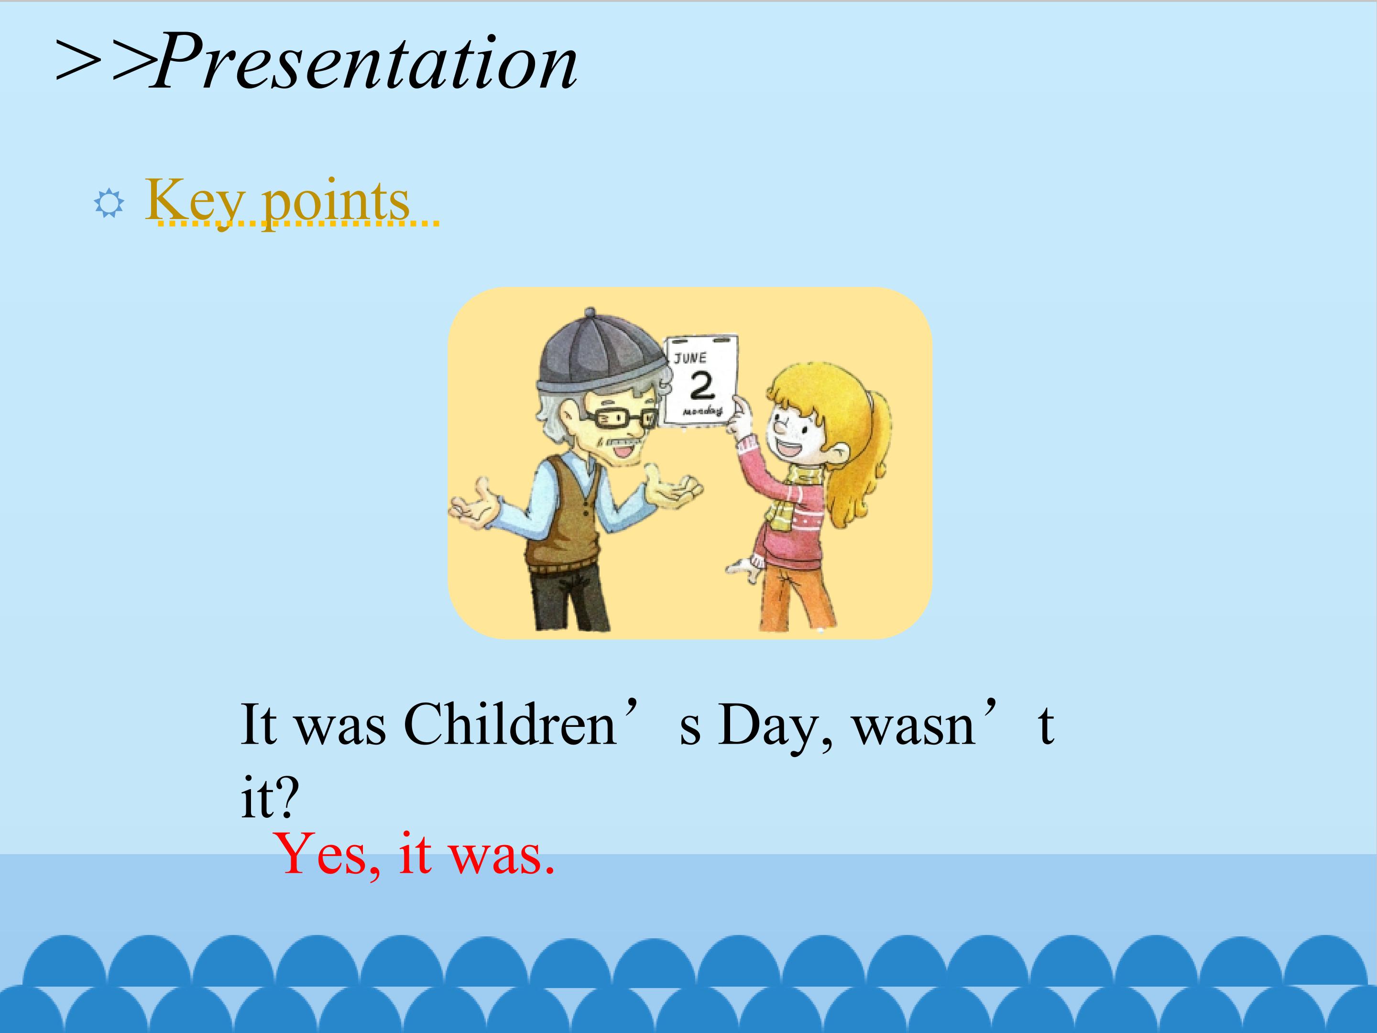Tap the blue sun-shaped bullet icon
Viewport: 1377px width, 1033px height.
click(109, 203)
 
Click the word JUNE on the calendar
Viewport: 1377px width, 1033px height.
click(690, 358)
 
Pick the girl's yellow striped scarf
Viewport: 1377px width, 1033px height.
click(794, 498)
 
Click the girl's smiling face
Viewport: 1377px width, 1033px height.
click(797, 429)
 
